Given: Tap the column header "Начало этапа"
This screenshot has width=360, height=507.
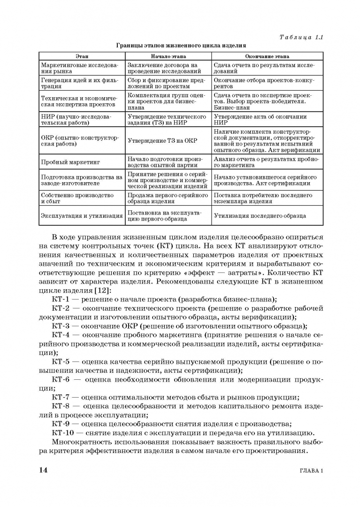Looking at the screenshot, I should [x=168, y=56].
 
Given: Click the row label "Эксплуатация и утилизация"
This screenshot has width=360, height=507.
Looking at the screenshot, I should [x=81, y=216].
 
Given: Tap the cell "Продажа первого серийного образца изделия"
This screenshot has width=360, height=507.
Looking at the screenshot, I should [x=168, y=198].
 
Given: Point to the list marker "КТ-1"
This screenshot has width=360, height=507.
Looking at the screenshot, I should [x=61, y=300].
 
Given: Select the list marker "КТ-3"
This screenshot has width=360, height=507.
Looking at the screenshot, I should [x=61, y=326].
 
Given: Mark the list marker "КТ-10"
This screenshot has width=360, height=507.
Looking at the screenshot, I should [x=63, y=432].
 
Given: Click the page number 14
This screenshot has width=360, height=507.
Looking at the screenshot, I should [x=42, y=470].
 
